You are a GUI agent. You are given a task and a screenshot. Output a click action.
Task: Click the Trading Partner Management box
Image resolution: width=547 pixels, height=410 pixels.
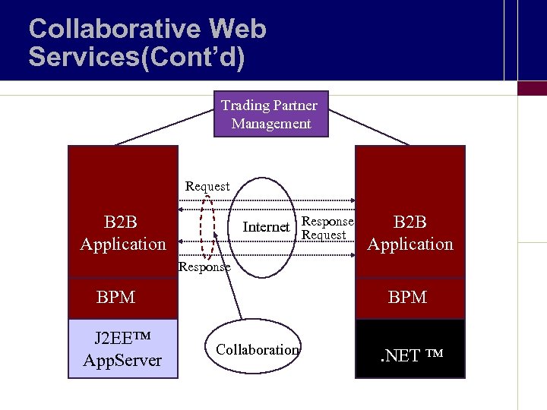[x=270, y=115]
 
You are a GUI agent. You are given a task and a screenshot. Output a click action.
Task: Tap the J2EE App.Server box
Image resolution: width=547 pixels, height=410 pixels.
[x=122, y=348]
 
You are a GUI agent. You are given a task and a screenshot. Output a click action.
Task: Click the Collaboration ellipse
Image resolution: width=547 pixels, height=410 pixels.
[x=258, y=349]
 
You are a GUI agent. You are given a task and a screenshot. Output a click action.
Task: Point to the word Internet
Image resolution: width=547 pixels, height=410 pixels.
[x=266, y=226]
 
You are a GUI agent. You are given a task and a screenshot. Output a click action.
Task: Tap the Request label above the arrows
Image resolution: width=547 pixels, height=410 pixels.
[x=207, y=186]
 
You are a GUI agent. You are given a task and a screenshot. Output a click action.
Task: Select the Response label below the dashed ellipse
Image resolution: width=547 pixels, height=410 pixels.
[x=204, y=267]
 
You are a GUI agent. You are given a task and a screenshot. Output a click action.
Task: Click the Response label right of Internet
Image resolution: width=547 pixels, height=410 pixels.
[x=327, y=222]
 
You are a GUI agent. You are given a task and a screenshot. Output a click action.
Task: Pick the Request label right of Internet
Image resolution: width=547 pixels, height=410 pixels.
[x=324, y=235]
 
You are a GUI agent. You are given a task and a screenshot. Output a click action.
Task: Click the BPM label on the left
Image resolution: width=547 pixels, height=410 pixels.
[x=115, y=298]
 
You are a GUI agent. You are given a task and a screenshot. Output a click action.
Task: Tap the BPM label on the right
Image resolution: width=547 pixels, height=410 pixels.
[x=407, y=298]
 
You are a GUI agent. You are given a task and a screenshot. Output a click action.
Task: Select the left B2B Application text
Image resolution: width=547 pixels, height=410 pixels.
[x=122, y=233]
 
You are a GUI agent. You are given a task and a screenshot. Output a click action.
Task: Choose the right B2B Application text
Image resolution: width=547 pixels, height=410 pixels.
[x=409, y=233]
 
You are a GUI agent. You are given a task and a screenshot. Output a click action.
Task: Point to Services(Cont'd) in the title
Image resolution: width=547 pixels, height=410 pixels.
[x=137, y=58]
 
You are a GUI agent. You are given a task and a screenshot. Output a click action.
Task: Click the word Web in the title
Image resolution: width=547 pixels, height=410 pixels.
[x=237, y=30]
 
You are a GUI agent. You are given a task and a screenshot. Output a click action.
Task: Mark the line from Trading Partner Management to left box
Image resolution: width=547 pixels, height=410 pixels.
[x=163, y=127]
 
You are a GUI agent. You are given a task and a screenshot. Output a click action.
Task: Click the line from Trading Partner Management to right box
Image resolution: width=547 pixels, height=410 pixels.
[x=368, y=126]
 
